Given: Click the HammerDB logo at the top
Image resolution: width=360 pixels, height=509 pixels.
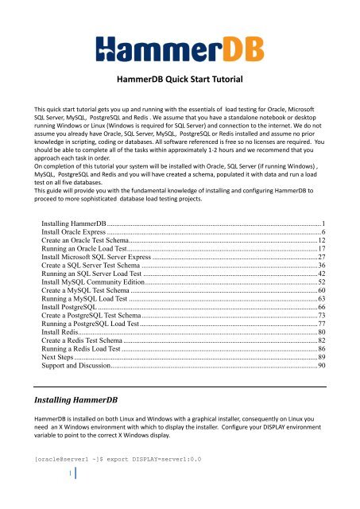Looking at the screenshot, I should click(x=180, y=41).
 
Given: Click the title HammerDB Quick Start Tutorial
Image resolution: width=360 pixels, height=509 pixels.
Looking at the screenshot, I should click(x=180, y=80).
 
